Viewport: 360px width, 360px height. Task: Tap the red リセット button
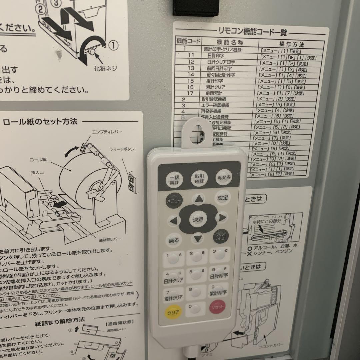(217, 306)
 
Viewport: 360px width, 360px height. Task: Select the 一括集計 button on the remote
(174, 180)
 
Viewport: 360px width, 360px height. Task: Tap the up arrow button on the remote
(199, 199)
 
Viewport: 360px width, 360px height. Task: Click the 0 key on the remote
(194, 310)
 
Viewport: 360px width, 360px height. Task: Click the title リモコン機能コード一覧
(251, 33)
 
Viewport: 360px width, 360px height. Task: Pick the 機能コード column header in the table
(188, 42)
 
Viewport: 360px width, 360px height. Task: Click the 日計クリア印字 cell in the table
(221, 63)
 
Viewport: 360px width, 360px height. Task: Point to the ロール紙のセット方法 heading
(40, 122)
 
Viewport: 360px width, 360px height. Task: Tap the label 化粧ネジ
(106, 69)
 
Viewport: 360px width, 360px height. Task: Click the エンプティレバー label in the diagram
(107, 132)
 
